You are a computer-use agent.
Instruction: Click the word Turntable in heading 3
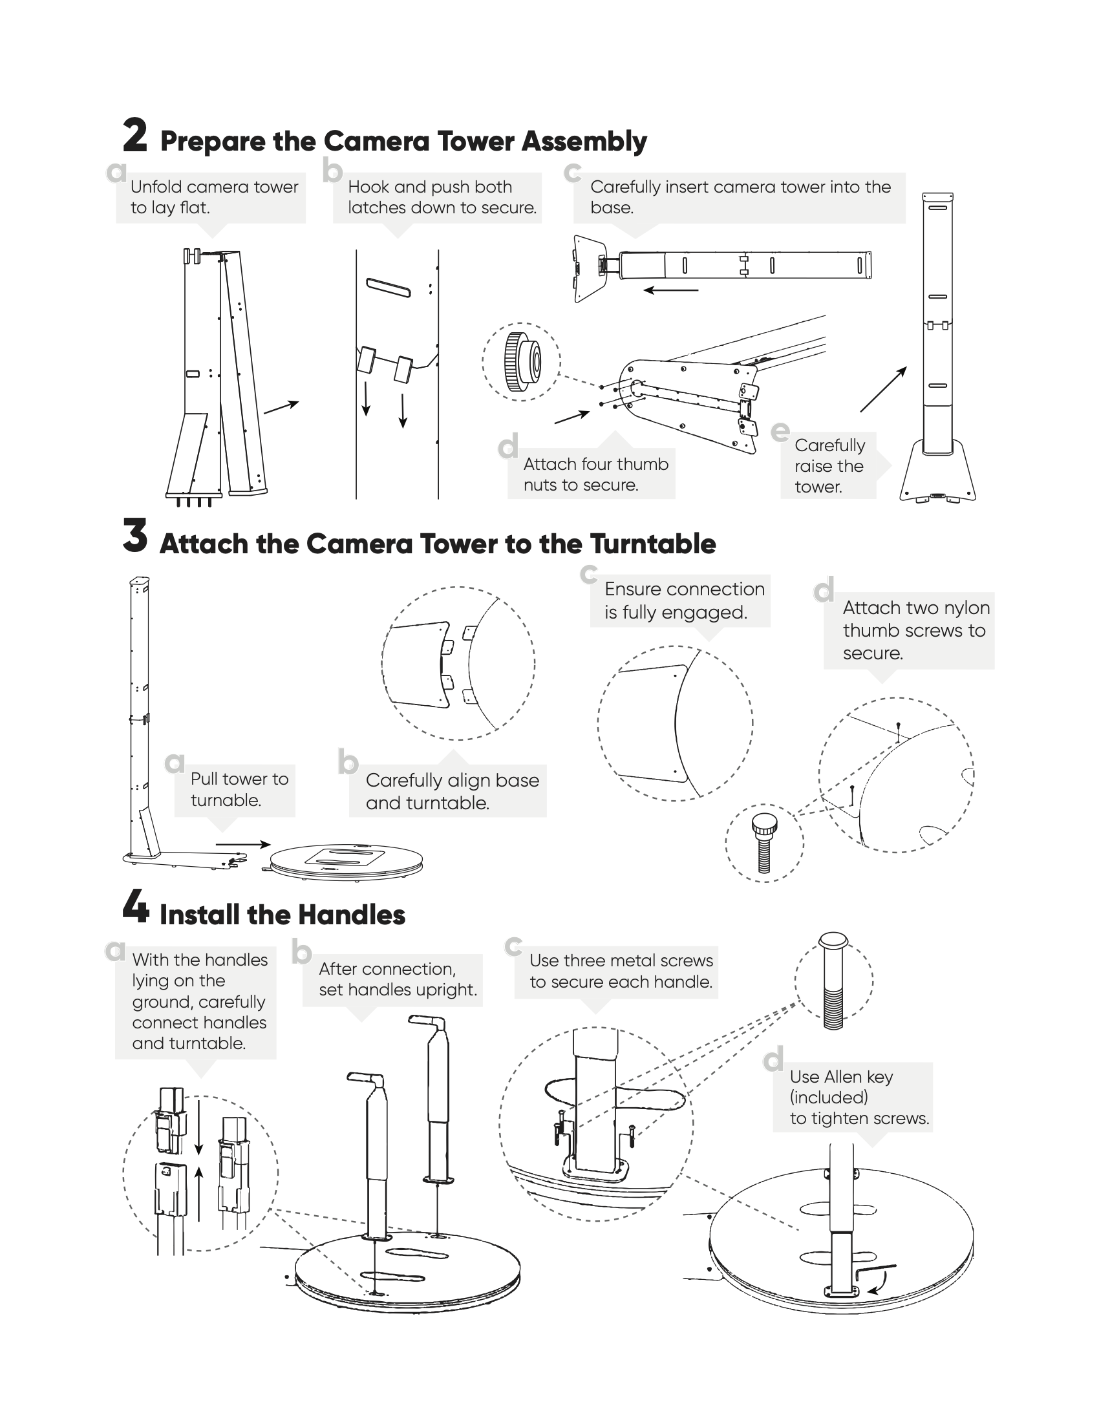(653, 544)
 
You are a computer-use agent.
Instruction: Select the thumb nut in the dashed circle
(522, 361)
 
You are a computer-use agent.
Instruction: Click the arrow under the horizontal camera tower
(670, 290)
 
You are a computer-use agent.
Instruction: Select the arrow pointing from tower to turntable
(243, 845)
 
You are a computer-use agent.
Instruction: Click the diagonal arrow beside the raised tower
(884, 389)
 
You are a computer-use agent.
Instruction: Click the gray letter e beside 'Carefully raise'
(780, 431)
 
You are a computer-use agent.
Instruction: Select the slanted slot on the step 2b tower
(389, 288)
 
